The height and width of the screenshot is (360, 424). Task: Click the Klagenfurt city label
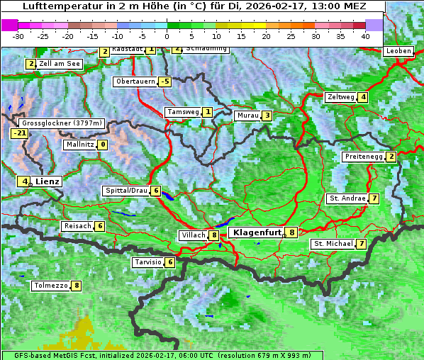[256, 232]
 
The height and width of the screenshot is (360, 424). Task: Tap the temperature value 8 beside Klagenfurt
[291, 232]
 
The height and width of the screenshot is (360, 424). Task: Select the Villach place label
[193, 235]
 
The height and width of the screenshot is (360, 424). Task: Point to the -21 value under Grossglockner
[19, 133]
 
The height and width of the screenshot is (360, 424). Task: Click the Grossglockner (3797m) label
[62, 123]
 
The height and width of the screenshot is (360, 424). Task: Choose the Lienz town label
[48, 181]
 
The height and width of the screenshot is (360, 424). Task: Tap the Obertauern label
[135, 81]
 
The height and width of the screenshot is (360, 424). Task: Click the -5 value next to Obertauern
[165, 81]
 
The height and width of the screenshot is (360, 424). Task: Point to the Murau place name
[247, 116]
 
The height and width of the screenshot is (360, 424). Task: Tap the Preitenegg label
[364, 157]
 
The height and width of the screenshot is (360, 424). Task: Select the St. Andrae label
[347, 198]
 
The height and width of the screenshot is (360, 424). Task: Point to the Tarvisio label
[147, 262]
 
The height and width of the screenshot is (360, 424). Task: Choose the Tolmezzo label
[50, 286]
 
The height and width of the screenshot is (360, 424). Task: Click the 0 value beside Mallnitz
[103, 145]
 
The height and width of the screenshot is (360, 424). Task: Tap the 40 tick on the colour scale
[365, 35]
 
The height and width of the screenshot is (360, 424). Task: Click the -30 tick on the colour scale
[18, 35]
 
